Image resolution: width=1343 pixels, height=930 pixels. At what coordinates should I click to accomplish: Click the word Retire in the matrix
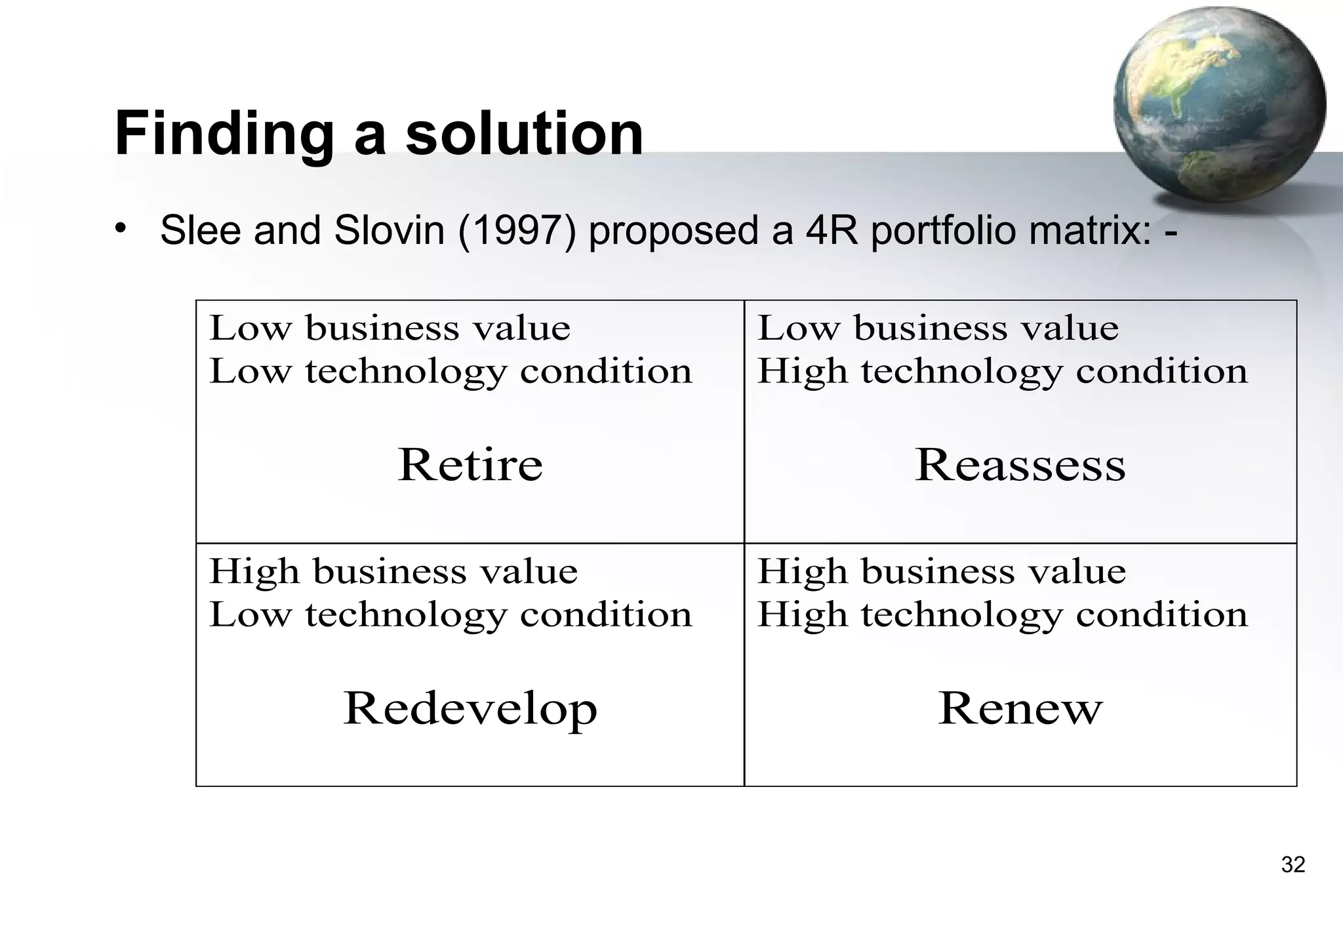[470, 465]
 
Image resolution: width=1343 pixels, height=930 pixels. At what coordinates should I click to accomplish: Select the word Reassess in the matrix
[1020, 465]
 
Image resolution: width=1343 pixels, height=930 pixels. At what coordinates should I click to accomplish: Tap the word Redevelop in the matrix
[470, 709]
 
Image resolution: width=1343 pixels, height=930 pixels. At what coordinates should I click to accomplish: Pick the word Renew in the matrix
[1020, 709]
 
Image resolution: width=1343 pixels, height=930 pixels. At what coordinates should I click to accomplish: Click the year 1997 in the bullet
[517, 231]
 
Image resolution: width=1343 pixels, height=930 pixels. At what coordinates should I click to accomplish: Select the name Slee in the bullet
[200, 231]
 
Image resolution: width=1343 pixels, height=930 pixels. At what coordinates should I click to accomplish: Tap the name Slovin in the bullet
[389, 231]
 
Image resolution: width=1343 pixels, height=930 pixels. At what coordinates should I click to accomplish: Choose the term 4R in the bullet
[832, 231]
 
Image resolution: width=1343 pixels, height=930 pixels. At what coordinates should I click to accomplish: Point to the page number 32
[1293, 864]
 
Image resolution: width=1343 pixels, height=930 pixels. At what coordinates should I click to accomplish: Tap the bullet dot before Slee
[119, 228]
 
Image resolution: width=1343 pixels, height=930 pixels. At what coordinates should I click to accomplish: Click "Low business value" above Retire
[390, 328]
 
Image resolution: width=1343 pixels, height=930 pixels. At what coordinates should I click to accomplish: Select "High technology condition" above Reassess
[1002, 372]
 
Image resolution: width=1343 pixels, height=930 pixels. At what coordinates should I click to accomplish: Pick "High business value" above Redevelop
[393, 571]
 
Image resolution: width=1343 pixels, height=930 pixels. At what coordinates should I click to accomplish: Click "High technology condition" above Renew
[1002, 615]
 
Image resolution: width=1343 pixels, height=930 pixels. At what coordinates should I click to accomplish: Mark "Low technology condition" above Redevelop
[451, 615]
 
